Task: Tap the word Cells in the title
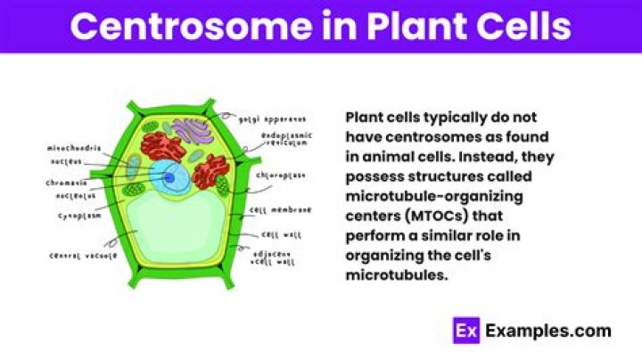(x=523, y=26)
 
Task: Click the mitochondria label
(x=75, y=149)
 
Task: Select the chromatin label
(x=69, y=182)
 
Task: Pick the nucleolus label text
(x=70, y=195)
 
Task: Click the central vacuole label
(x=84, y=257)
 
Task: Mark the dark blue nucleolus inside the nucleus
(x=169, y=178)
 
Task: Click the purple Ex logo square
(x=465, y=331)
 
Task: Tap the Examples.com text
(x=547, y=331)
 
